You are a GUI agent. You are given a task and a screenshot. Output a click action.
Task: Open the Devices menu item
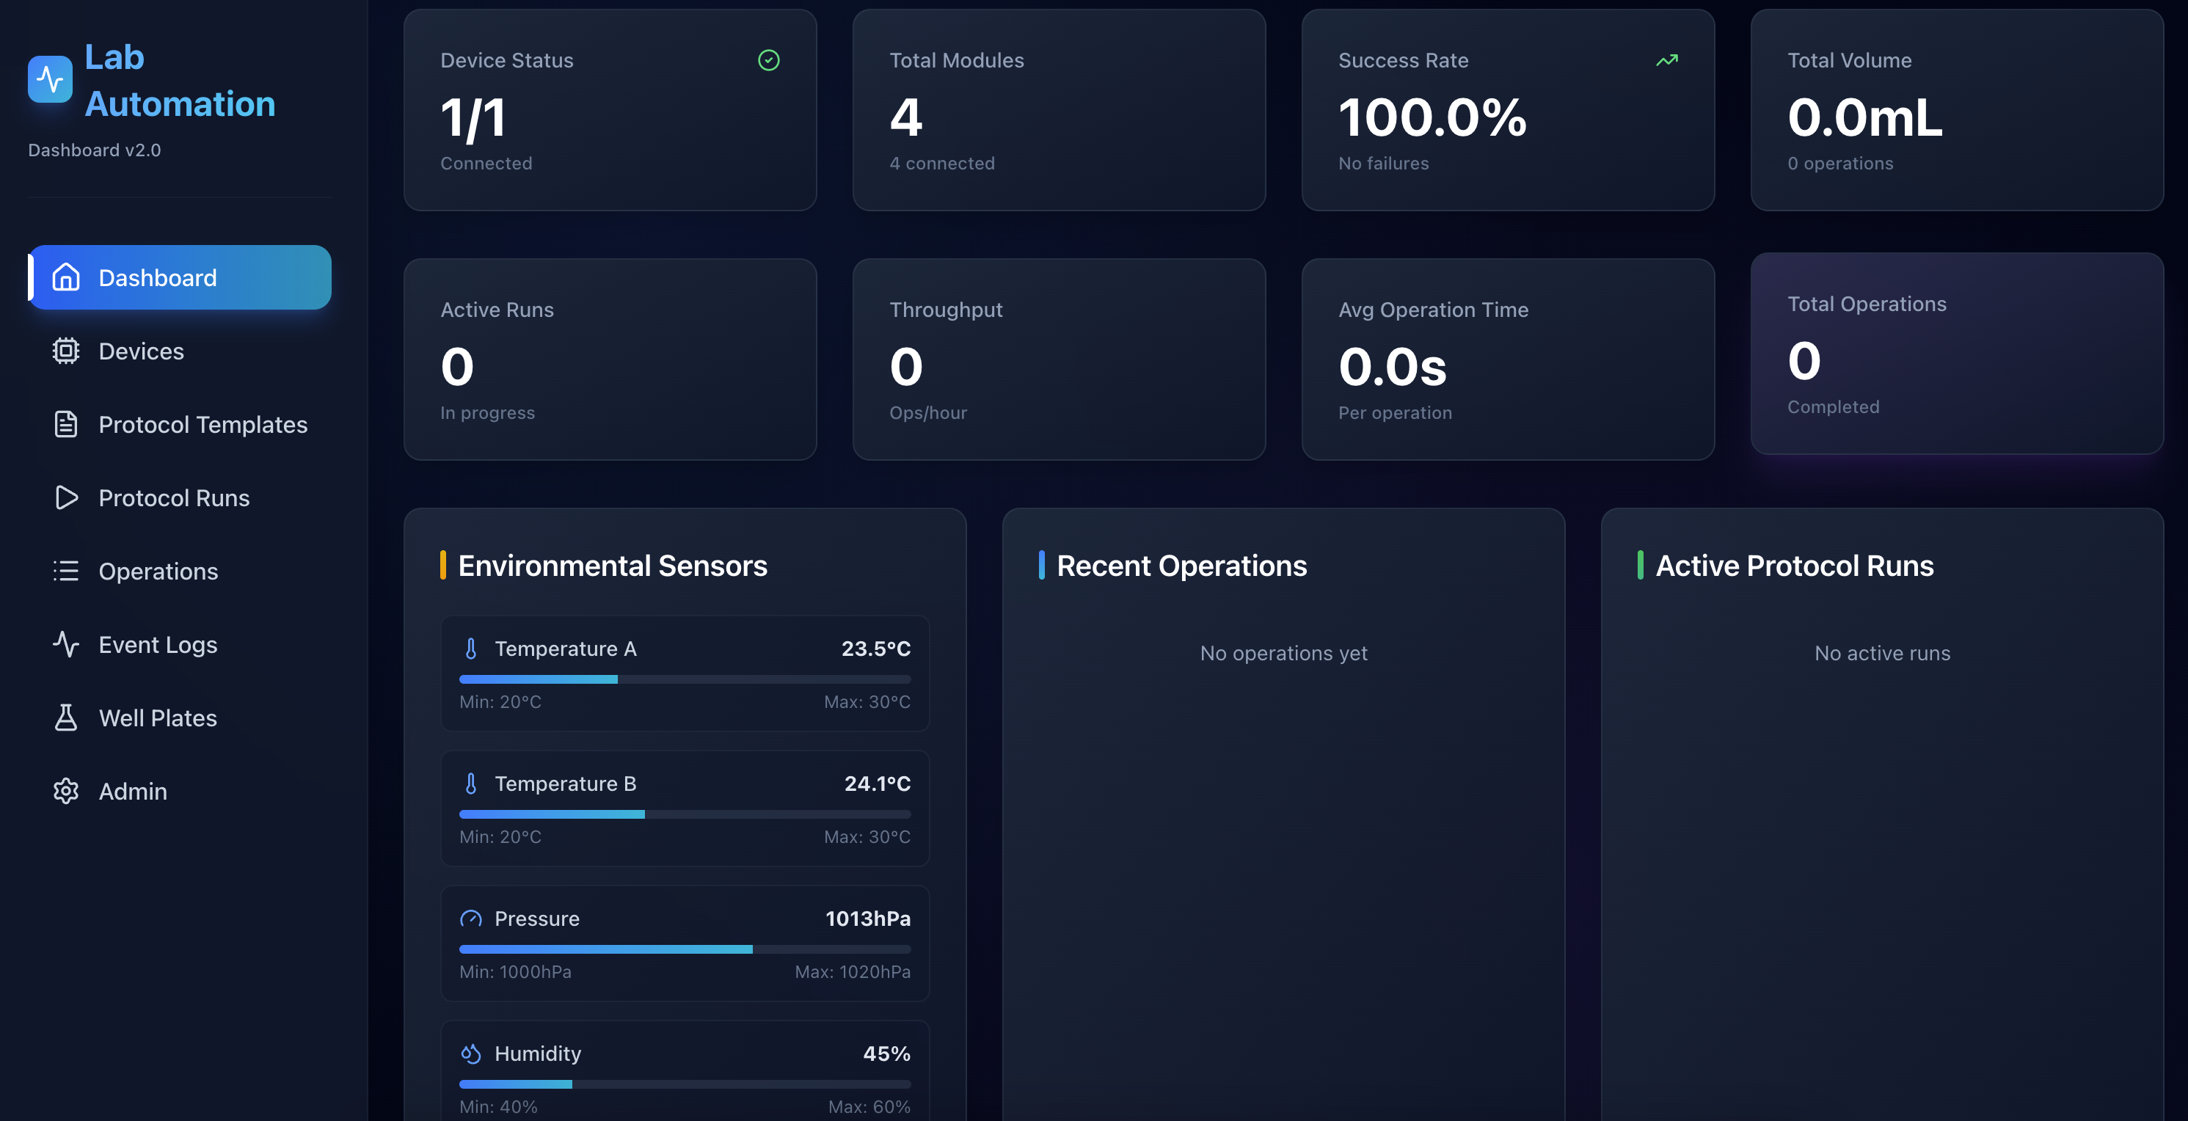click(140, 351)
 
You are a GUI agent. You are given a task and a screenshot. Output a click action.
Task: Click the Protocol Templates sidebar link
click(203, 425)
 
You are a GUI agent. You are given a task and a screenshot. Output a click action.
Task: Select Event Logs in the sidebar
click(157, 645)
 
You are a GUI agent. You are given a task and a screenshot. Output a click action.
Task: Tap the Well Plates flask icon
click(65, 718)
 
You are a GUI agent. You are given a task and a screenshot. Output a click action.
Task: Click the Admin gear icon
click(65, 792)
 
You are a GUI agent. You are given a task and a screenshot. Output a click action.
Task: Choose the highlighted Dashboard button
click(180, 278)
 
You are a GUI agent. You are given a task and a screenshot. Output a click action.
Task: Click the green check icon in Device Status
click(769, 60)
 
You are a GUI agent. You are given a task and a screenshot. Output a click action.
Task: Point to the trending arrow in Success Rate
click(1666, 60)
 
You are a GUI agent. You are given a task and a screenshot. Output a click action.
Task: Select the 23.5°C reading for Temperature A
click(875, 649)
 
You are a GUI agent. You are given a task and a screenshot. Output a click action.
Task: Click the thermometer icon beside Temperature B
click(471, 783)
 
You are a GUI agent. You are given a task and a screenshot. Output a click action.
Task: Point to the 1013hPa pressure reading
click(867, 918)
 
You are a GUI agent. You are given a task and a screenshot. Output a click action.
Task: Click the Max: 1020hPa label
click(852, 971)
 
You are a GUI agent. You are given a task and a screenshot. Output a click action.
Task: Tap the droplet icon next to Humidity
click(471, 1054)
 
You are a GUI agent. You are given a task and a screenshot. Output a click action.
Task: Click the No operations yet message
click(1283, 653)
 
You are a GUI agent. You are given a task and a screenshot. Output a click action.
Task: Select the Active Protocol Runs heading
click(1794, 566)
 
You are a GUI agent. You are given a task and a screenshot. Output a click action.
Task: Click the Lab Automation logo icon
click(50, 80)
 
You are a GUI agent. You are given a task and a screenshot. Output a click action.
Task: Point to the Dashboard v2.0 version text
click(94, 150)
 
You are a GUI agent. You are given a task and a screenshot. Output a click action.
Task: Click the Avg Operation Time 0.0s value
click(1392, 367)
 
